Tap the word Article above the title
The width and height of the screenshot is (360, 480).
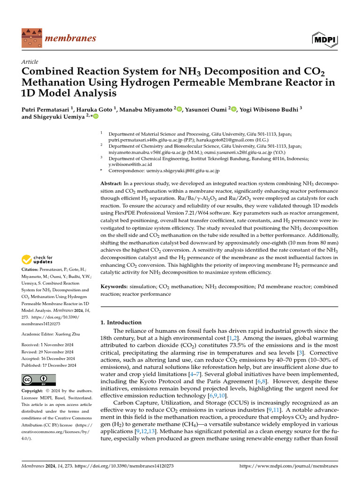(30, 62)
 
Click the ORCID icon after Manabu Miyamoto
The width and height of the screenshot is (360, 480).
(179, 109)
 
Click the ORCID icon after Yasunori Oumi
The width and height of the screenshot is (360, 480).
(233, 109)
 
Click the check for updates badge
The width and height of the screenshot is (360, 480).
(37, 259)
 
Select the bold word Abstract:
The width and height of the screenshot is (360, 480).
(112, 182)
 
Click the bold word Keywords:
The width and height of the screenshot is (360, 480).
(115, 286)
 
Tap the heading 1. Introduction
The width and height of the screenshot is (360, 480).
(121, 322)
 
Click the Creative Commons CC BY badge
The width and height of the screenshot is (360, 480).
(38, 379)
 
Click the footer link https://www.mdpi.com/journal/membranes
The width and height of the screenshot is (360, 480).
(288, 466)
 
